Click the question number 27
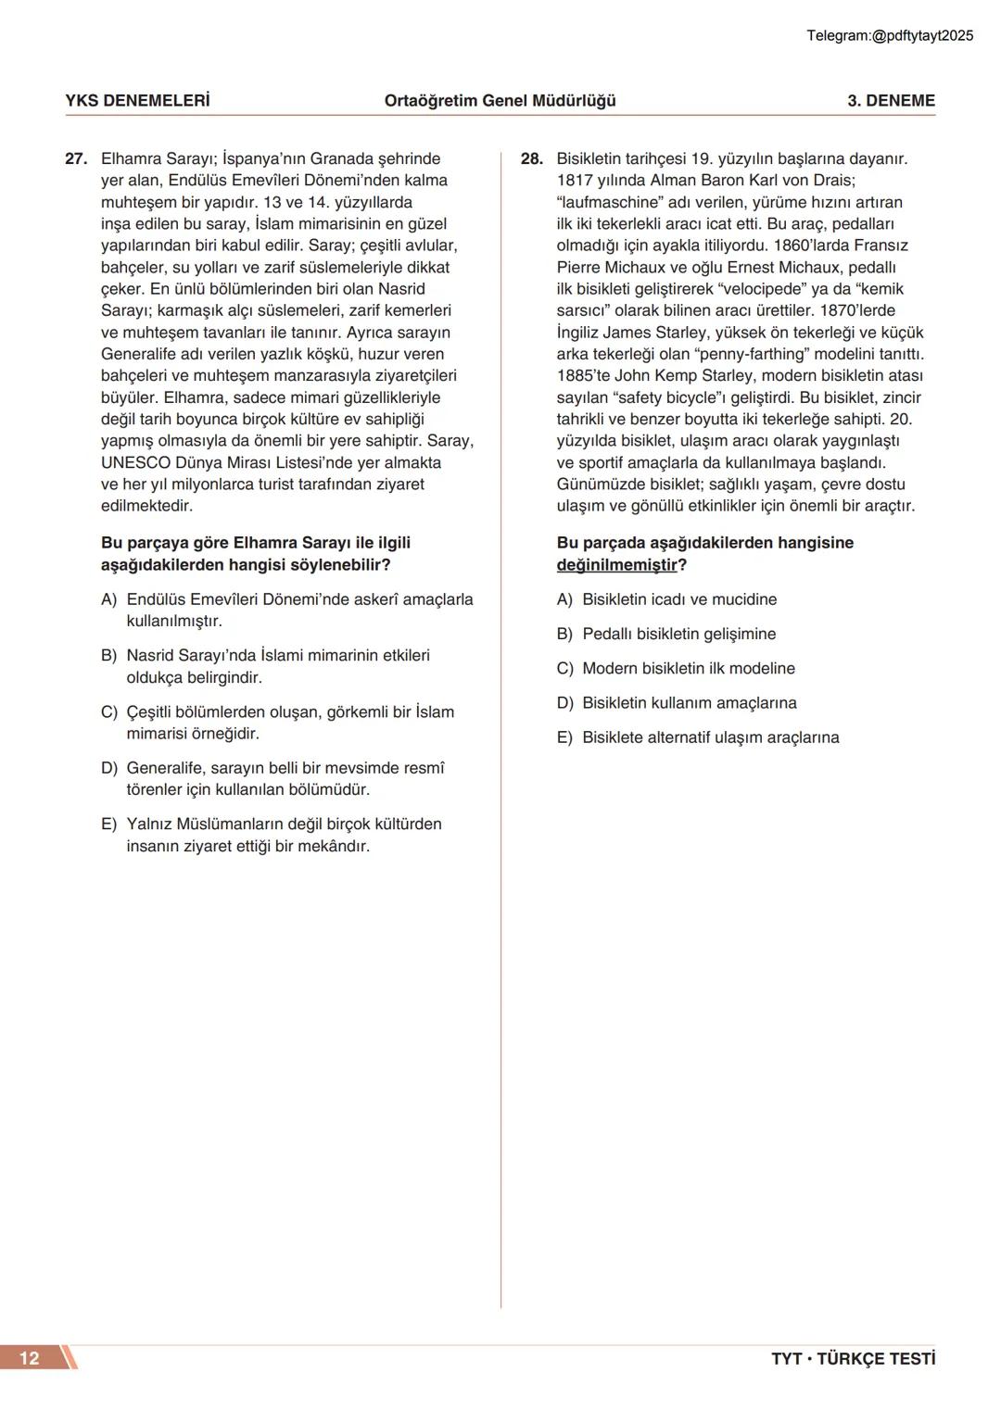click(x=75, y=159)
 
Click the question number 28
click(x=531, y=159)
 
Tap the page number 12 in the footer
click(x=30, y=1358)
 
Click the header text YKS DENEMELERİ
click(x=137, y=101)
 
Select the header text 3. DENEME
click(x=891, y=101)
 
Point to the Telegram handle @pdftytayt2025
click(x=923, y=36)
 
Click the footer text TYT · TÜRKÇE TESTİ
click(x=853, y=1359)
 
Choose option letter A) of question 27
click(x=109, y=600)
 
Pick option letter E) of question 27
click(x=109, y=825)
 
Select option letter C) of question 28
click(x=565, y=669)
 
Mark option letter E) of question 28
click(x=565, y=738)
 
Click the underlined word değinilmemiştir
click(x=616, y=565)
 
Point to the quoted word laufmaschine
click(x=609, y=203)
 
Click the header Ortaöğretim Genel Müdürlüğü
click(x=500, y=101)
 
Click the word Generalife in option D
click(x=165, y=769)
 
